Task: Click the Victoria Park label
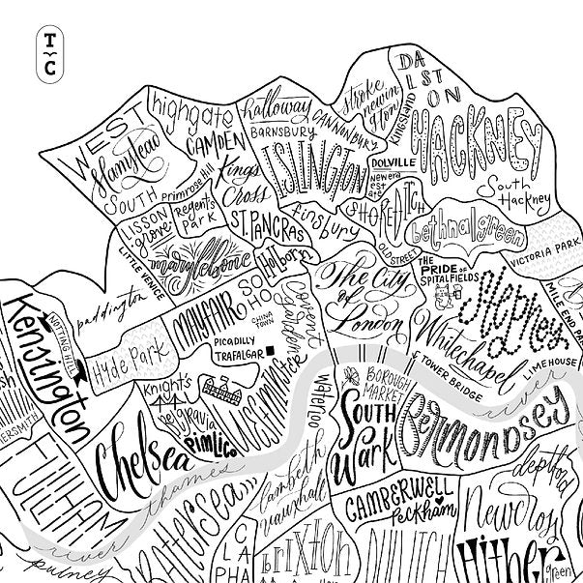(x=547, y=261)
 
